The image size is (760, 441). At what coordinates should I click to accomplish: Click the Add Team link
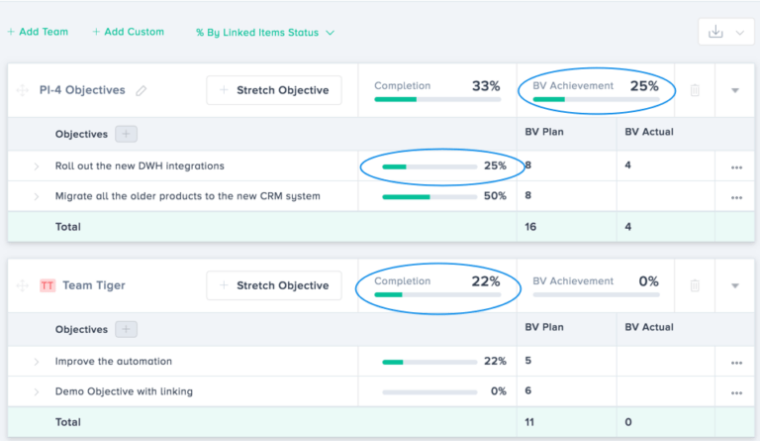tap(38, 32)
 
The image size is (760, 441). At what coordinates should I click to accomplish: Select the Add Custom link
tap(129, 32)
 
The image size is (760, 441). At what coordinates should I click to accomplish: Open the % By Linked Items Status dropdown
tap(265, 32)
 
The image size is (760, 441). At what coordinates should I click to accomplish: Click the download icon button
tap(716, 32)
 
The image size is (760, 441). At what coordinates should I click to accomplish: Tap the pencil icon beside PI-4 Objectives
tap(142, 90)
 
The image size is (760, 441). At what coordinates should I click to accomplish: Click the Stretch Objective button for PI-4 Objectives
tap(274, 90)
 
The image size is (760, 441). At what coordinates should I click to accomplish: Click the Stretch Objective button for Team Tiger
tap(274, 285)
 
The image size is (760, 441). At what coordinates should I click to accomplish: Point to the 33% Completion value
tap(486, 86)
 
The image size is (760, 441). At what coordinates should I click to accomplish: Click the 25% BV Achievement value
tap(644, 86)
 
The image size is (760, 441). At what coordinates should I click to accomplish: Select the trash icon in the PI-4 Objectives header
tap(695, 90)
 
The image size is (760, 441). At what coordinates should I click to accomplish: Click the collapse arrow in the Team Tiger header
tap(735, 285)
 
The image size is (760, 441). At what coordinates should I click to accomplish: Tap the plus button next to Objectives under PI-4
tap(126, 134)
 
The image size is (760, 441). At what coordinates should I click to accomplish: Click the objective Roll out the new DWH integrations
tap(140, 165)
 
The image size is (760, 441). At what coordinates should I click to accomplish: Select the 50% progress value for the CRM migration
tap(495, 196)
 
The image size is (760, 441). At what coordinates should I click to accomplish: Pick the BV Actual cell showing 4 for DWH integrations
tap(628, 165)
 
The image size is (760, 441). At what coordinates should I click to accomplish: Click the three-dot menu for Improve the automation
tap(736, 362)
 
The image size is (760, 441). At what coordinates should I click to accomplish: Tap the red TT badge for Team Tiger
tap(47, 285)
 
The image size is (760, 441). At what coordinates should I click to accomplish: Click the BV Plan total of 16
tap(531, 227)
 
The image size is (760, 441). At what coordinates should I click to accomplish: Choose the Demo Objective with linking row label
tap(124, 391)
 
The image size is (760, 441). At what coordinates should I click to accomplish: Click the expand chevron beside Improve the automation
tap(37, 362)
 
